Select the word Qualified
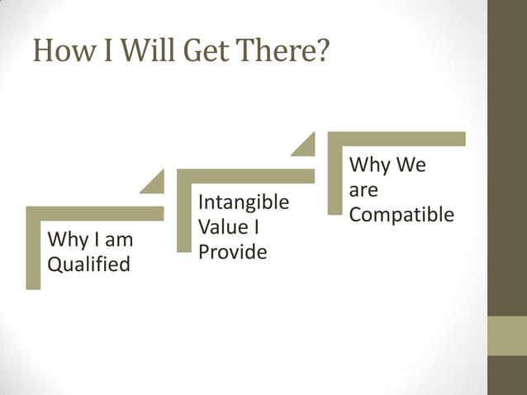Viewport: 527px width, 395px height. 88,265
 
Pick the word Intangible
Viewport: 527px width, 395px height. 244,202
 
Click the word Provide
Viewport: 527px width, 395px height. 232,252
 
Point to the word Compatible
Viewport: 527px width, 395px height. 401,215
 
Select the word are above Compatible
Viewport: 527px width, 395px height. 363,190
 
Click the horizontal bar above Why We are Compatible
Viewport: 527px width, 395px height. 396,139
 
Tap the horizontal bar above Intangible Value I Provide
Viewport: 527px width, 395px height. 245,176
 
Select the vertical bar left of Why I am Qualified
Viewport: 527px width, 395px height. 33,252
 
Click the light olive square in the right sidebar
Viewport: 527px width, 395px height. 507,336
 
